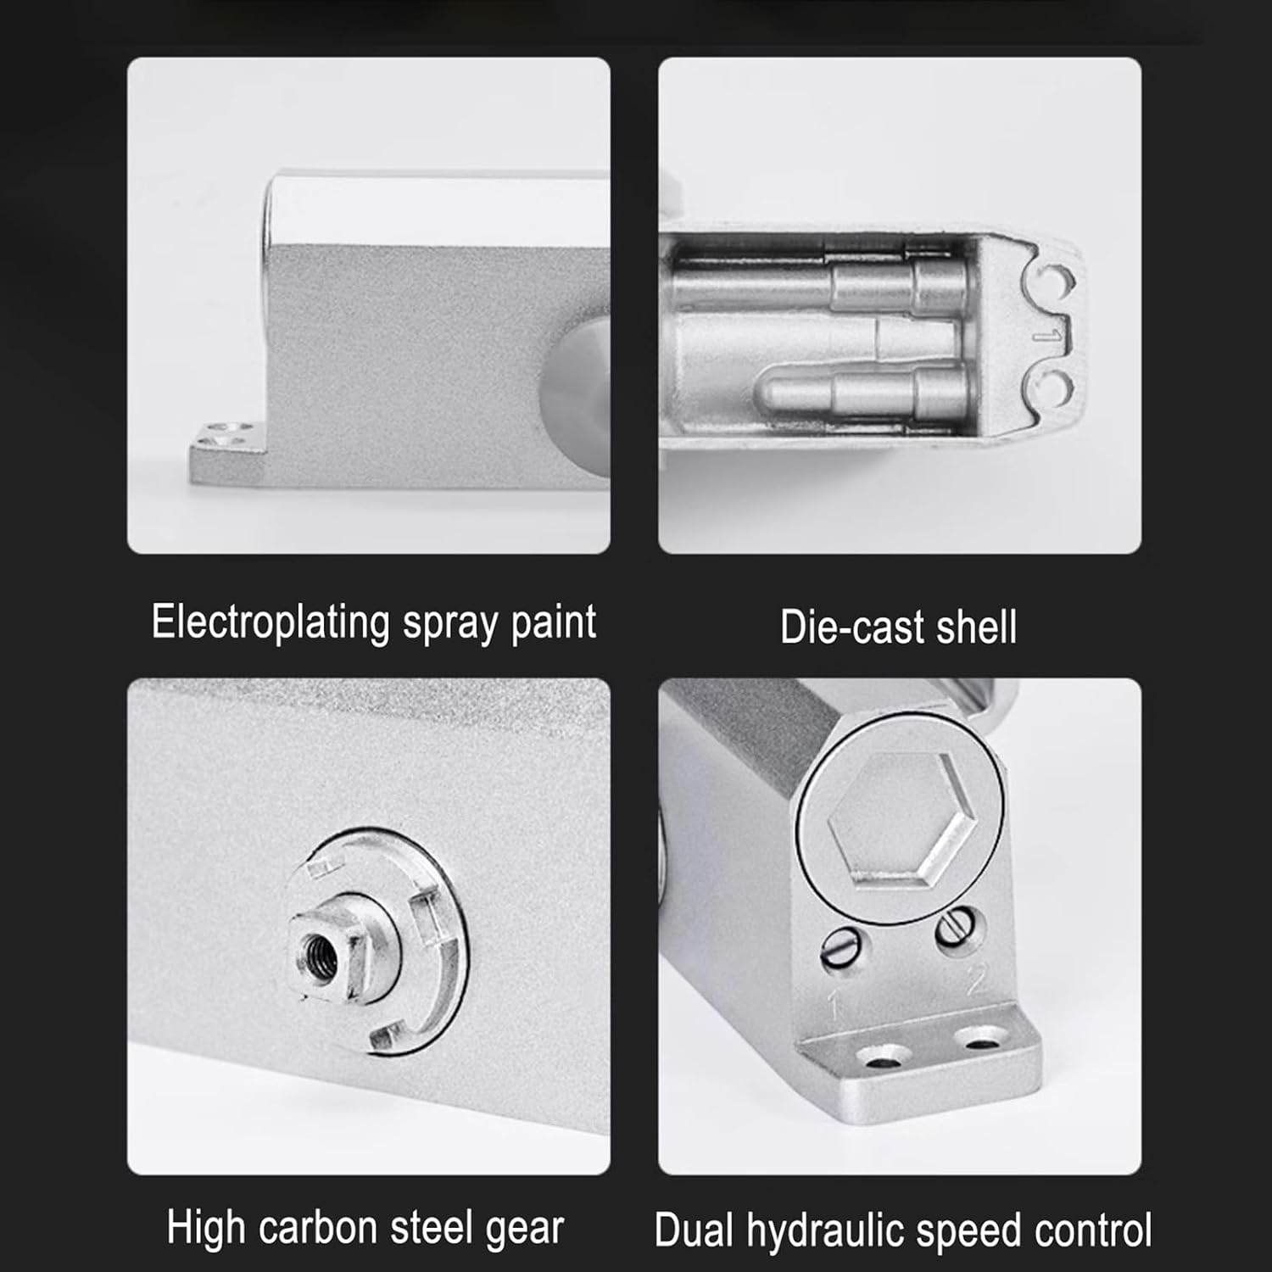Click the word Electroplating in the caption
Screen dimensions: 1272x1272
point(271,623)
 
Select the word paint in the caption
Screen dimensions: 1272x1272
point(553,622)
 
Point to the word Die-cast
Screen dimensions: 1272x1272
point(840,628)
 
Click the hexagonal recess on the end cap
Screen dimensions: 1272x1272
point(900,817)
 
